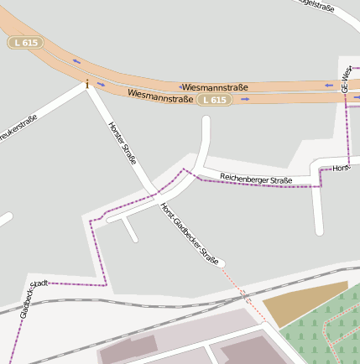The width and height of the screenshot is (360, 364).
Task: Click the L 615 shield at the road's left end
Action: pos(26,42)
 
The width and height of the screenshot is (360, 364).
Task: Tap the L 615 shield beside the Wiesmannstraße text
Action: pos(215,100)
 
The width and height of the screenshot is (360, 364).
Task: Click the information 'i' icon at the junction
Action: pos(86,82)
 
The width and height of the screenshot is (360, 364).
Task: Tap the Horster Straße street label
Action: pos(123,143)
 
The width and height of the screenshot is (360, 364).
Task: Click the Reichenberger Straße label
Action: pos(256,179)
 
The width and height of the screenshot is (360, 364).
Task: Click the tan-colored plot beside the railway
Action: pos(302,303)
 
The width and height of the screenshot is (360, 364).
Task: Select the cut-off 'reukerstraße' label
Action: pos(18,127)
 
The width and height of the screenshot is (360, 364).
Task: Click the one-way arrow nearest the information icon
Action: pos(101,84)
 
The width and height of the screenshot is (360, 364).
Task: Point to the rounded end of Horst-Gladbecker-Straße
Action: pos(221,264)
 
